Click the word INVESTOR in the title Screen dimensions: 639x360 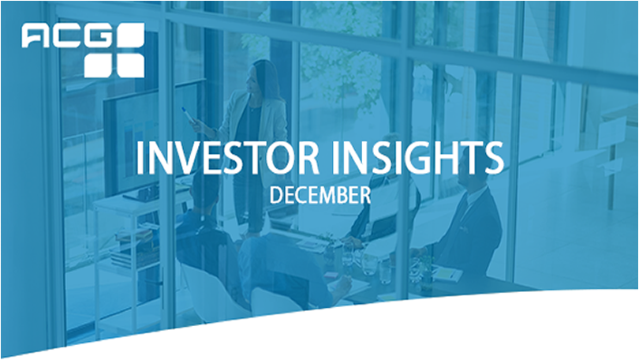pos(227,158)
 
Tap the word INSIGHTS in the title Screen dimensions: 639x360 pos(417,158)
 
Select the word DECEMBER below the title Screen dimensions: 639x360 pos(320,195)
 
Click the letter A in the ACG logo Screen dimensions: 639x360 pos(35,36)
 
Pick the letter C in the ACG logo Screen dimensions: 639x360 pos(65,36)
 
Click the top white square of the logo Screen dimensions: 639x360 pos(130,35)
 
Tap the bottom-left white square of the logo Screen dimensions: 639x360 pos(99,66)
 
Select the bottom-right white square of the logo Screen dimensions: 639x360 pos(130,66)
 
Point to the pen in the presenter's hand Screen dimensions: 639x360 pos(188,114)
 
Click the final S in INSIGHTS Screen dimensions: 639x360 pos(494,158)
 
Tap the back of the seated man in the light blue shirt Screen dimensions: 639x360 pos(277,265)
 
